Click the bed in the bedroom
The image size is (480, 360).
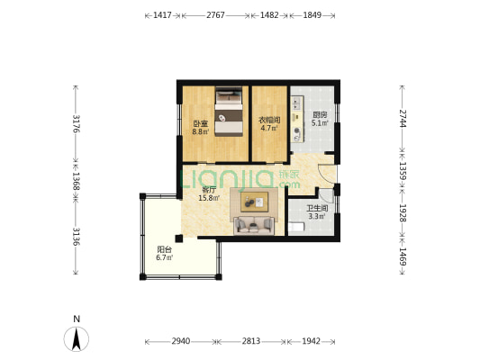coord(229,112)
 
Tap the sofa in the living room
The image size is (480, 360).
coord(254,225)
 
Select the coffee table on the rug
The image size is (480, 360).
coord(254,202)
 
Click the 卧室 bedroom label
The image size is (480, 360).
coord(201,124)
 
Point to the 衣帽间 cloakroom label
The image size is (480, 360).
coord(269,120)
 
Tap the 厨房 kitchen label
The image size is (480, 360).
coord(320,115)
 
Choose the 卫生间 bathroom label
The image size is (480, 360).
coord(317,209)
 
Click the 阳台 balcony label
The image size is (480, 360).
coord(165,249)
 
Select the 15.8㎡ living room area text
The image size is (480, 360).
coord(209,198)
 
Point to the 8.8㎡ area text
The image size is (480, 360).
coord(201,131)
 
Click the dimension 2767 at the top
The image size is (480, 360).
coord(215,15)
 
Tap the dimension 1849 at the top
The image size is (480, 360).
coord(312,15)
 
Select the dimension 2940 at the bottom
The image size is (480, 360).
coord(181,341)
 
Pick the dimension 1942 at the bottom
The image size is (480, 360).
coord(311,341)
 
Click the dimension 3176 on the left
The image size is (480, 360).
coord(76,123)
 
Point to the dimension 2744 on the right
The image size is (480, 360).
coord(403,119)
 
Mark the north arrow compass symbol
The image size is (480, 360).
coord(77,338)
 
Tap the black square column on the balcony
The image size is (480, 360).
coord(179,238)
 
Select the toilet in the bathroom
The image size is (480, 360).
coord(296,228)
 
